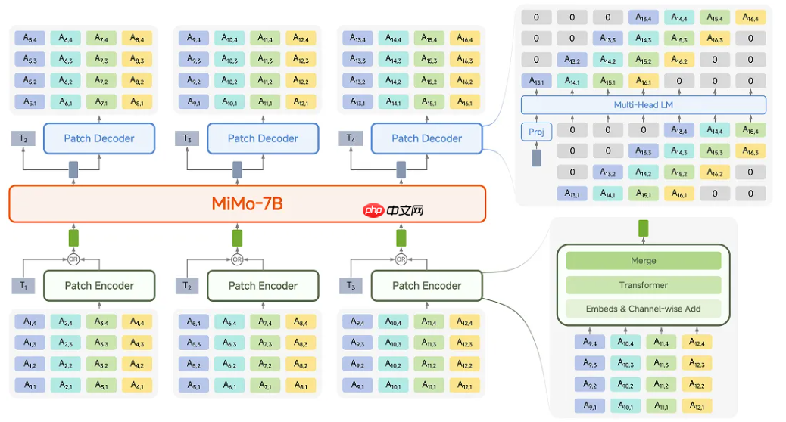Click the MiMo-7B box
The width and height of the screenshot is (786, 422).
coord(247,203)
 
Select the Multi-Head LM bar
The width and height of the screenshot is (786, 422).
coord(644,105)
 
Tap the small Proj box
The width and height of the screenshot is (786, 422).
coord(536,132)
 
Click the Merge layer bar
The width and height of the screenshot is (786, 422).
coord(644,260)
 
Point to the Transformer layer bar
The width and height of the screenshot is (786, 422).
coord(644,285)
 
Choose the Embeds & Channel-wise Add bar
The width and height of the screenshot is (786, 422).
coord(644,309)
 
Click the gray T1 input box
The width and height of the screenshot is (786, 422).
coord(23,285)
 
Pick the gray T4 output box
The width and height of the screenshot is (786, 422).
coord(350,138)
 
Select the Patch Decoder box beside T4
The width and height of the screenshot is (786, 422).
coord(426,138)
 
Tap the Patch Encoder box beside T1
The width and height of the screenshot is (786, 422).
coord(99,285)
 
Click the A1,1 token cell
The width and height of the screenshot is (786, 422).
coord(30,386)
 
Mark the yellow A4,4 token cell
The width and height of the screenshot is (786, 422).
coord(136,321)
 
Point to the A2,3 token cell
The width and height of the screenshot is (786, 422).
coord(66,343)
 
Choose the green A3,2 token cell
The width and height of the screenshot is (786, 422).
coord(101,365)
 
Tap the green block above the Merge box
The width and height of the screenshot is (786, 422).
coord(644,228)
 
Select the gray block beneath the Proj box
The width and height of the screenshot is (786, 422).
coord(537,157)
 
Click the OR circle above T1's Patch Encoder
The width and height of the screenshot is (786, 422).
coord(73,259)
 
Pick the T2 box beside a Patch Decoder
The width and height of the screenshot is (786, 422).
coord(23,138)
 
